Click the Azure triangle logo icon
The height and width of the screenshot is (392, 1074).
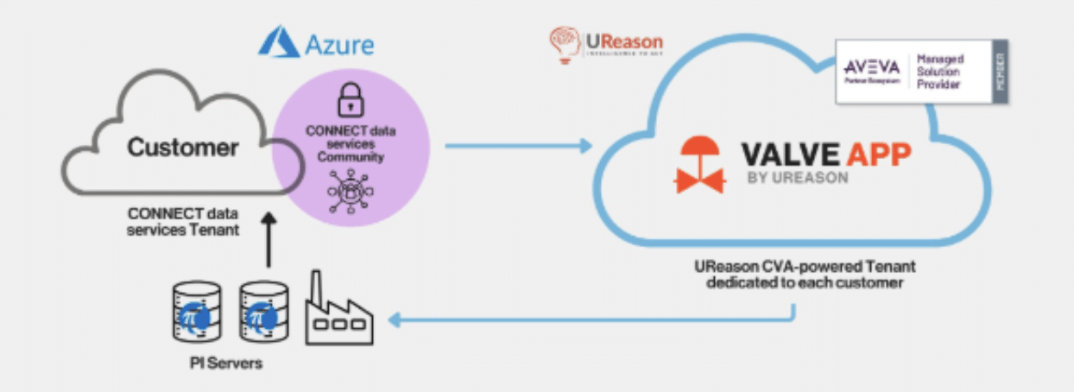277,42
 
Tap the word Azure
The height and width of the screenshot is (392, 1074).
340,43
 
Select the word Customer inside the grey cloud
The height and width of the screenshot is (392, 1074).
183,147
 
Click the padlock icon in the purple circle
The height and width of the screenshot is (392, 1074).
351,99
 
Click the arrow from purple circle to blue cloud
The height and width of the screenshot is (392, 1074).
518,146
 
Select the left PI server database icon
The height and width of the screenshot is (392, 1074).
197,313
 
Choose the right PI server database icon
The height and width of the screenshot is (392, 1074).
263,313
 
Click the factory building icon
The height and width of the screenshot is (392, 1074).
339,310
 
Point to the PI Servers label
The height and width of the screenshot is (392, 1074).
226,364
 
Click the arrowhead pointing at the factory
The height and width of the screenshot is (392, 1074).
395,322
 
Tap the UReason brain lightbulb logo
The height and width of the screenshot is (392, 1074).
563,44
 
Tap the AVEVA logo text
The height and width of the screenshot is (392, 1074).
872,66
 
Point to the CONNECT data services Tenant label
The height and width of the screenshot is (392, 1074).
183,222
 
